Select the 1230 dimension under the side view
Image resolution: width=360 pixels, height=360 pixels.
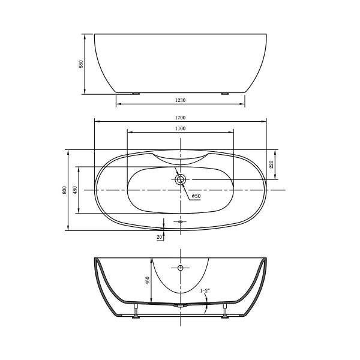click(x=180, y=101)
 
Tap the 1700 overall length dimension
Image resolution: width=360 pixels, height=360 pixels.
click(x=180, y=118)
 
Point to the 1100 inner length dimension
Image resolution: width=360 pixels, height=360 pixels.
click(x=180, y=129)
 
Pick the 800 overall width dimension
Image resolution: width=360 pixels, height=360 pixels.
click(x=64, y=190)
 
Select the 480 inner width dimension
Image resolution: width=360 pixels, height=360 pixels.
click(x=75, y=190)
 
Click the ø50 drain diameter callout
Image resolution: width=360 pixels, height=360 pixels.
click(x=196, y=196)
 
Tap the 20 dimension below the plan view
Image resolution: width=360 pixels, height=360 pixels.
click(x=159, y=238)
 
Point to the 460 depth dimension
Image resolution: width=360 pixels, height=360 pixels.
click(x=146, y=280)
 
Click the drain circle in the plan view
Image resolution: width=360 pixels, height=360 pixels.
click(x=181, y=179)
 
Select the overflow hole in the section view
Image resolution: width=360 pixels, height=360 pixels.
click(x=180, y=268)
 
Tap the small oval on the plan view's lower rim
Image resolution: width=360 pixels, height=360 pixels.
click(x=180, y=221)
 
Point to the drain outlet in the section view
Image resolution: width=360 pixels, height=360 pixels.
click(x=180, y=306)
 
